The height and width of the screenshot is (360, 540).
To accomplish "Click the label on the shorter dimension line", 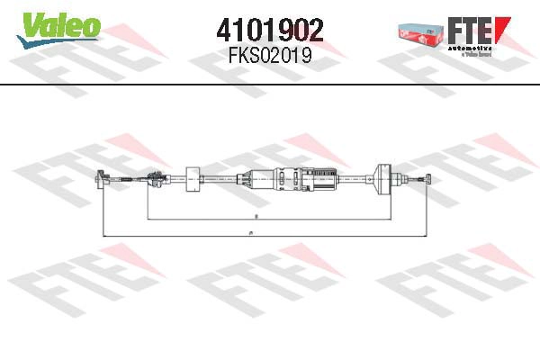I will pyautogui.click(x=256, y=217).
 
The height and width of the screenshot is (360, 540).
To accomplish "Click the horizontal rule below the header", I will pyautogui.click(x=270, y=84).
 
